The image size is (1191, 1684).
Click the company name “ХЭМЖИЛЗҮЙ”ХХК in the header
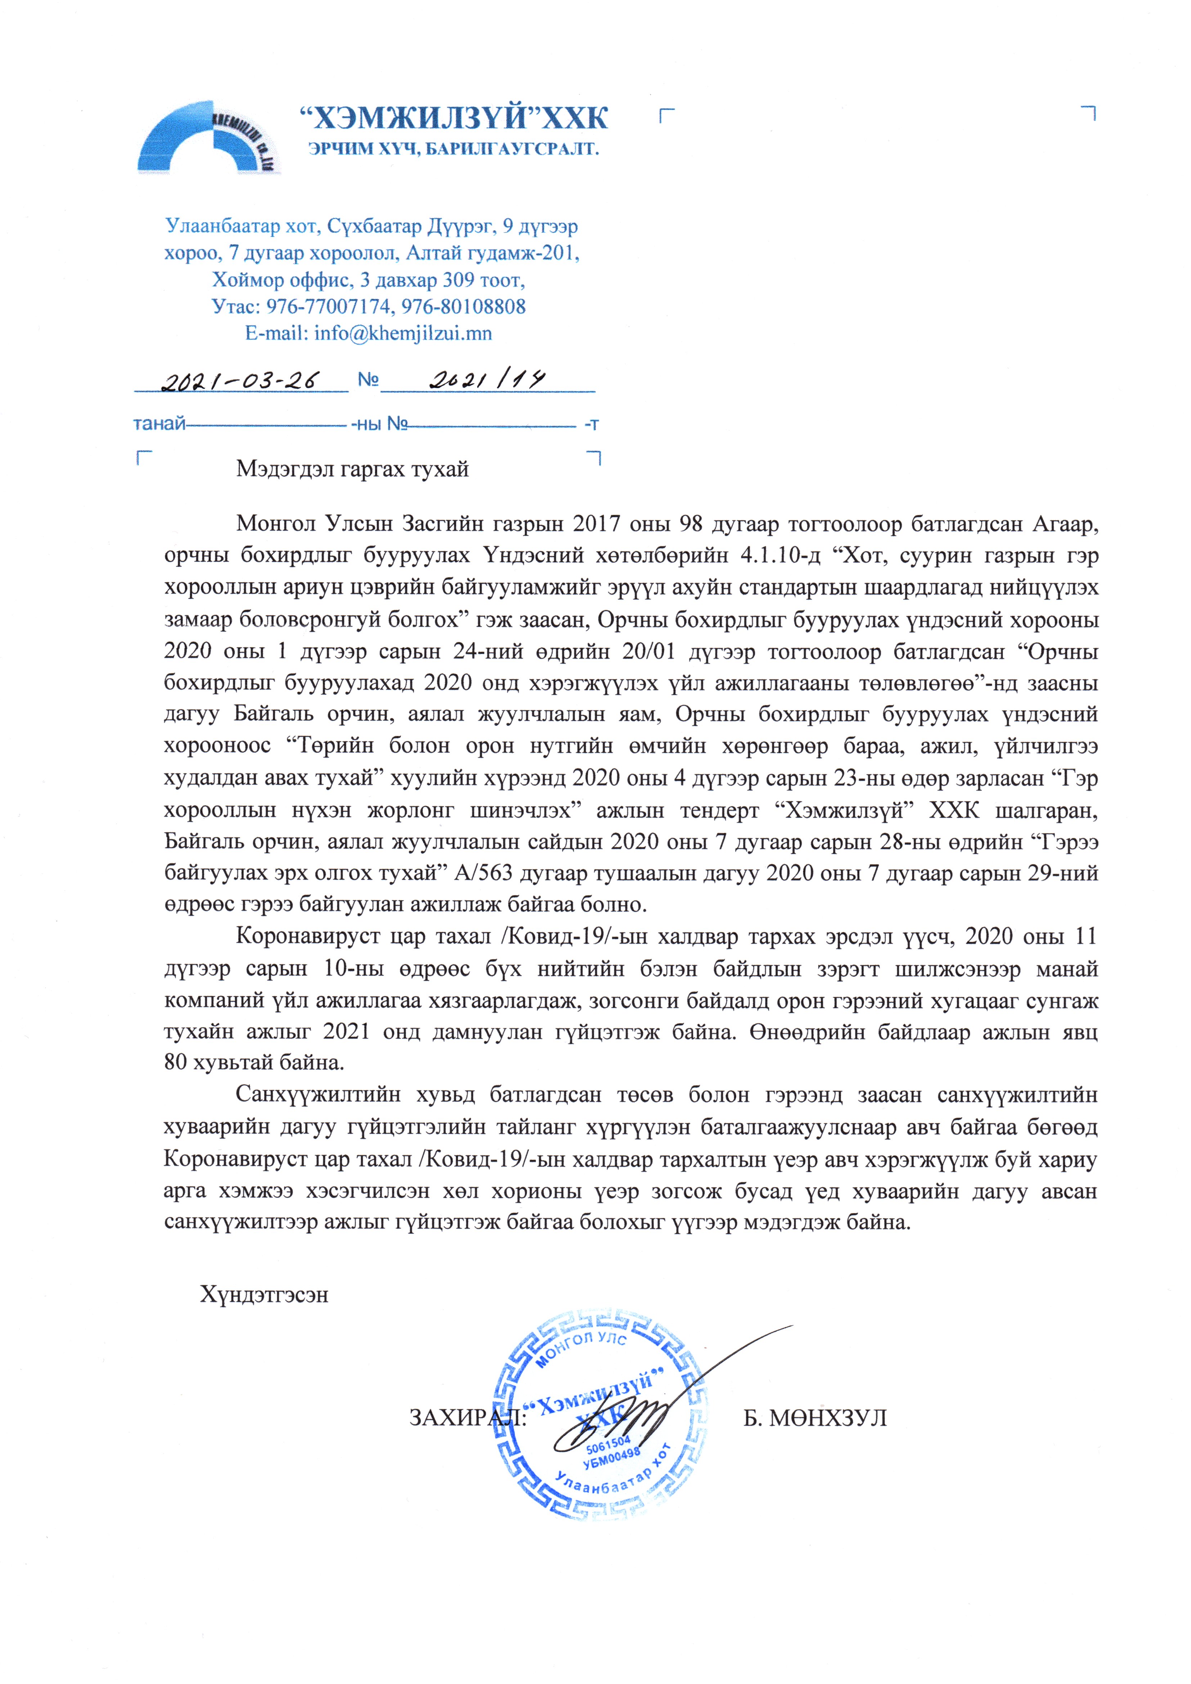click(455, 117)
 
